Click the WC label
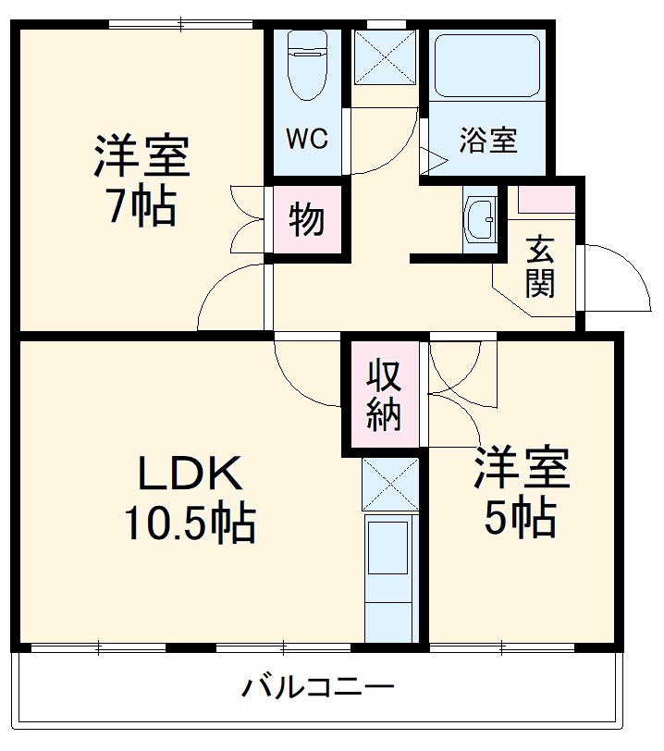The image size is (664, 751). click(x=306, y=140)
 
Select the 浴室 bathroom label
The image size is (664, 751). click(x=488, y=142)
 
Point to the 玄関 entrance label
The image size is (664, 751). click(x=541, y=267)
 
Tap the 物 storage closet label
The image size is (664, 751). click(x=307, y=220)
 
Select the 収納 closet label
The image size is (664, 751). click(x=384, y=396)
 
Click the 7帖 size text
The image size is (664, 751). click(x=141, y=207)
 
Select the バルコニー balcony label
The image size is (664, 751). click(x=319, y=688)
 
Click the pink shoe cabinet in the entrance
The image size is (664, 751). click(x=546, y=198)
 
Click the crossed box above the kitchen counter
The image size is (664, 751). click(x=388, y=484)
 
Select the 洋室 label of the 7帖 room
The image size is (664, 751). click(x=141, y=157)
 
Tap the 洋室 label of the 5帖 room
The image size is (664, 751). click(x=522, y=470)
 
